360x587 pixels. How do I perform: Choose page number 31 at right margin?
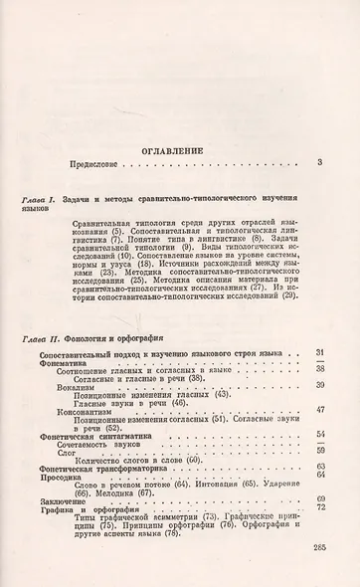(318, 355)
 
